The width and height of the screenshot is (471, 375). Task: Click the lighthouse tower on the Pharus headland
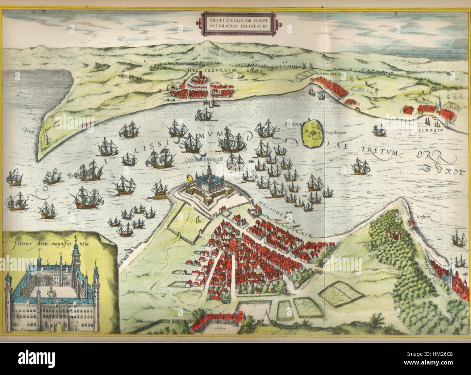46,138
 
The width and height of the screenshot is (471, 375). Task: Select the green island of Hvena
314,133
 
